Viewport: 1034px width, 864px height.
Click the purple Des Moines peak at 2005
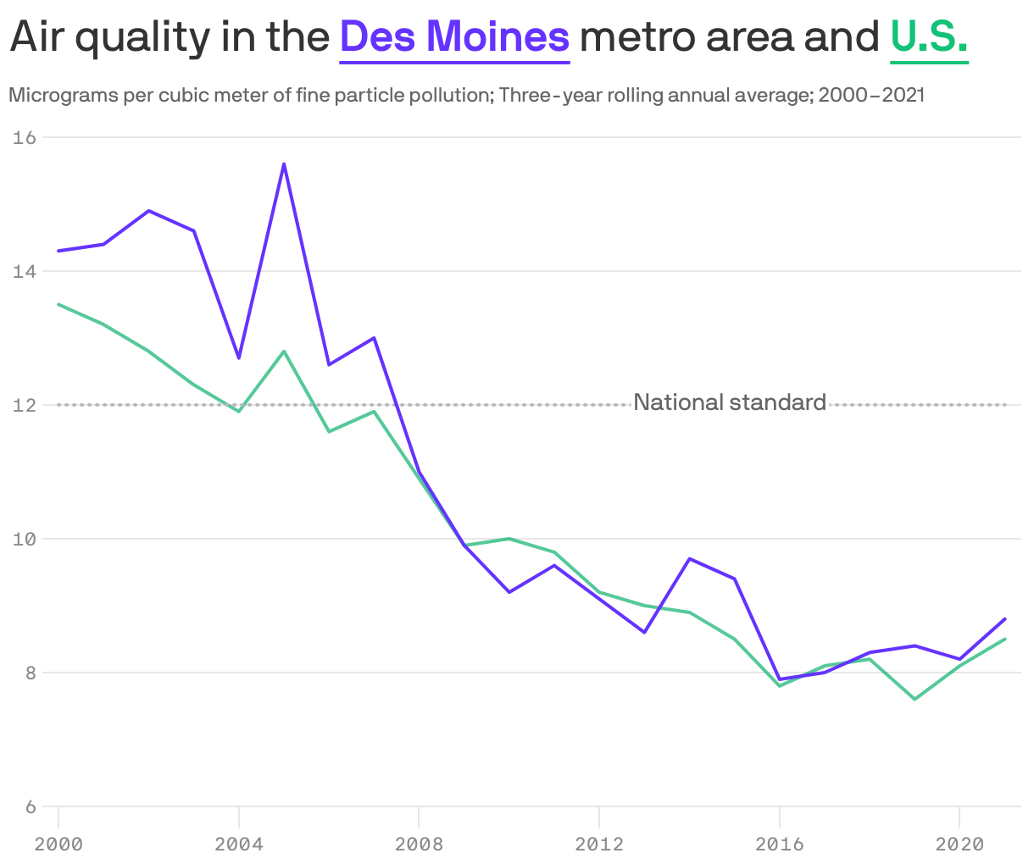(x=284, y=163)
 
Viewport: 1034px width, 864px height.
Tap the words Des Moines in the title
(x=454, y=36)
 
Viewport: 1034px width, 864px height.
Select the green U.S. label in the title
(x=929, y=36)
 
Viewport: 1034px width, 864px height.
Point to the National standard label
(x=730, y=402)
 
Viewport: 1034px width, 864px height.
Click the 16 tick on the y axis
(x=25, y=137)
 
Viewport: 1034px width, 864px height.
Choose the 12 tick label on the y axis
(x=25, y=405)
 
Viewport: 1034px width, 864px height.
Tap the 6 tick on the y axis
(x=30, y=806)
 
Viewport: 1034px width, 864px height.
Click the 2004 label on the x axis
(x=239, y=845)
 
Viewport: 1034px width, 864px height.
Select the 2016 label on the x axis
(x=779, y=845)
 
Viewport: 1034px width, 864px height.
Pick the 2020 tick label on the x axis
(x=959, y=845)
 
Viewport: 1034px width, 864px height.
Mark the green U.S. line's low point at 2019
(x=914, y=699)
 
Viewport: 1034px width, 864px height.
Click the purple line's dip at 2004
(x=239, y=357)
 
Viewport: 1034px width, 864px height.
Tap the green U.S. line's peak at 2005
(x=284, y=351)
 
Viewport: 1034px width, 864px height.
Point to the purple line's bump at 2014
(x=690, y=558)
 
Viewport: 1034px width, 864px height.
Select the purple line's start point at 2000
(x=58, y=251)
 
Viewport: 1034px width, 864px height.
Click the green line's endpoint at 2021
(x=1004, y=639)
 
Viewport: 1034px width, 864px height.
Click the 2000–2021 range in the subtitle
(x=870, y=95)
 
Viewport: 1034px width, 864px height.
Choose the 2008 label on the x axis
(x=419, y=845)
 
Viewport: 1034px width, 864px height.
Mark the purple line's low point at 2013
(x=644, y=632)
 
